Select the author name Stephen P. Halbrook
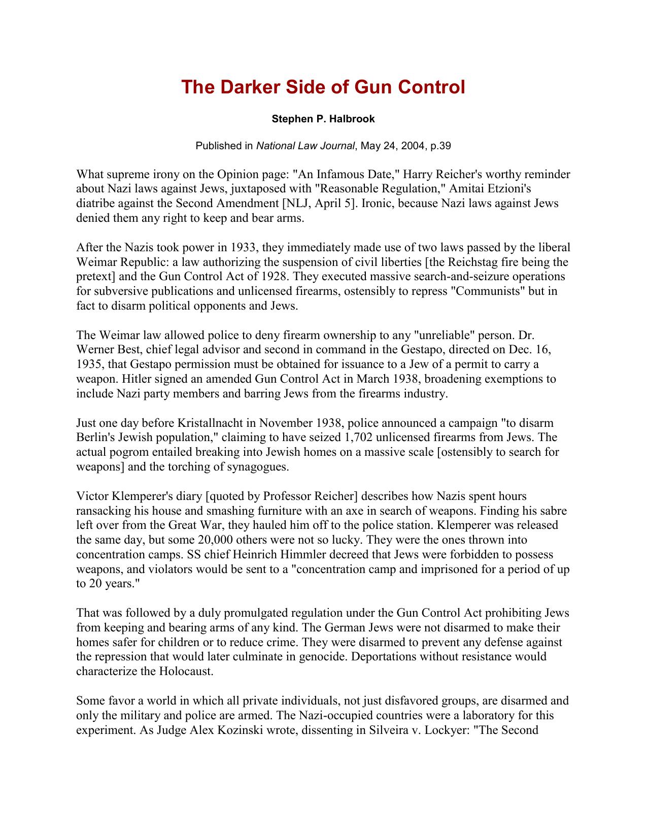tap(323, 119)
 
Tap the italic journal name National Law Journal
tap(305, 146)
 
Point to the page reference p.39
tap(440, 146)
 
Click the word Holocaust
tap(184, 672)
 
